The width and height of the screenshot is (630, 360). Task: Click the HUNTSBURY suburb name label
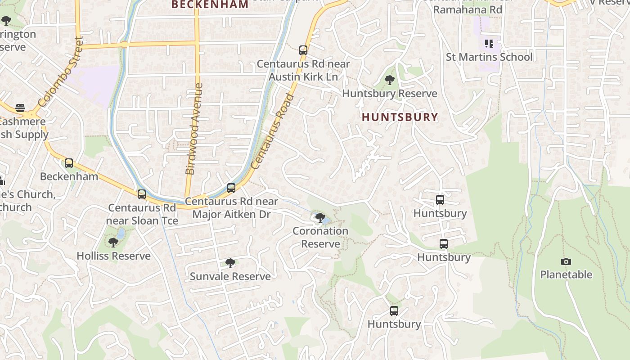pos(400,117)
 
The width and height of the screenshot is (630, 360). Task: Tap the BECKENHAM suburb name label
pos(210,4)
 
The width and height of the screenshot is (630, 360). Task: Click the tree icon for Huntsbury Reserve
pos(390,81)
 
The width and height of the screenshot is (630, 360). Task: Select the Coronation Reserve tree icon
pos(320,218)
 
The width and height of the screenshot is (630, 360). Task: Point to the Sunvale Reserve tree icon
pos(230,263)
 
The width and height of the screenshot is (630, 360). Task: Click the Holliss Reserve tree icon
pos(113,243)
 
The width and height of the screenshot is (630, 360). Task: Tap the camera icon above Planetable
pos(566,261)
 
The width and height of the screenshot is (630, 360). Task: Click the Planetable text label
pos(566,274)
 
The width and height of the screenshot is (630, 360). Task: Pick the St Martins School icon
pos(489,44)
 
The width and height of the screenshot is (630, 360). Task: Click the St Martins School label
pos(489,57)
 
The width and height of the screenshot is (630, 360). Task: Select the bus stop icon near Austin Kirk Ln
pos(303,50)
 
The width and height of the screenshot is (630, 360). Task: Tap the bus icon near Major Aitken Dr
pos(231,188)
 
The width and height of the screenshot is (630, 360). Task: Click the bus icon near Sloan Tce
pos(142,194)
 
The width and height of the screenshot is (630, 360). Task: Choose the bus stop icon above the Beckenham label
pos(69,163)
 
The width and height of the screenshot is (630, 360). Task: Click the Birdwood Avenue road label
pos(194,129)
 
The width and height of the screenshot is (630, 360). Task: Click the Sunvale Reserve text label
pos(230,276)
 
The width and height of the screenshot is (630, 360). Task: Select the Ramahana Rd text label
pos(468,9)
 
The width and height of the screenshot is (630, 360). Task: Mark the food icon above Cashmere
pos(20,108)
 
